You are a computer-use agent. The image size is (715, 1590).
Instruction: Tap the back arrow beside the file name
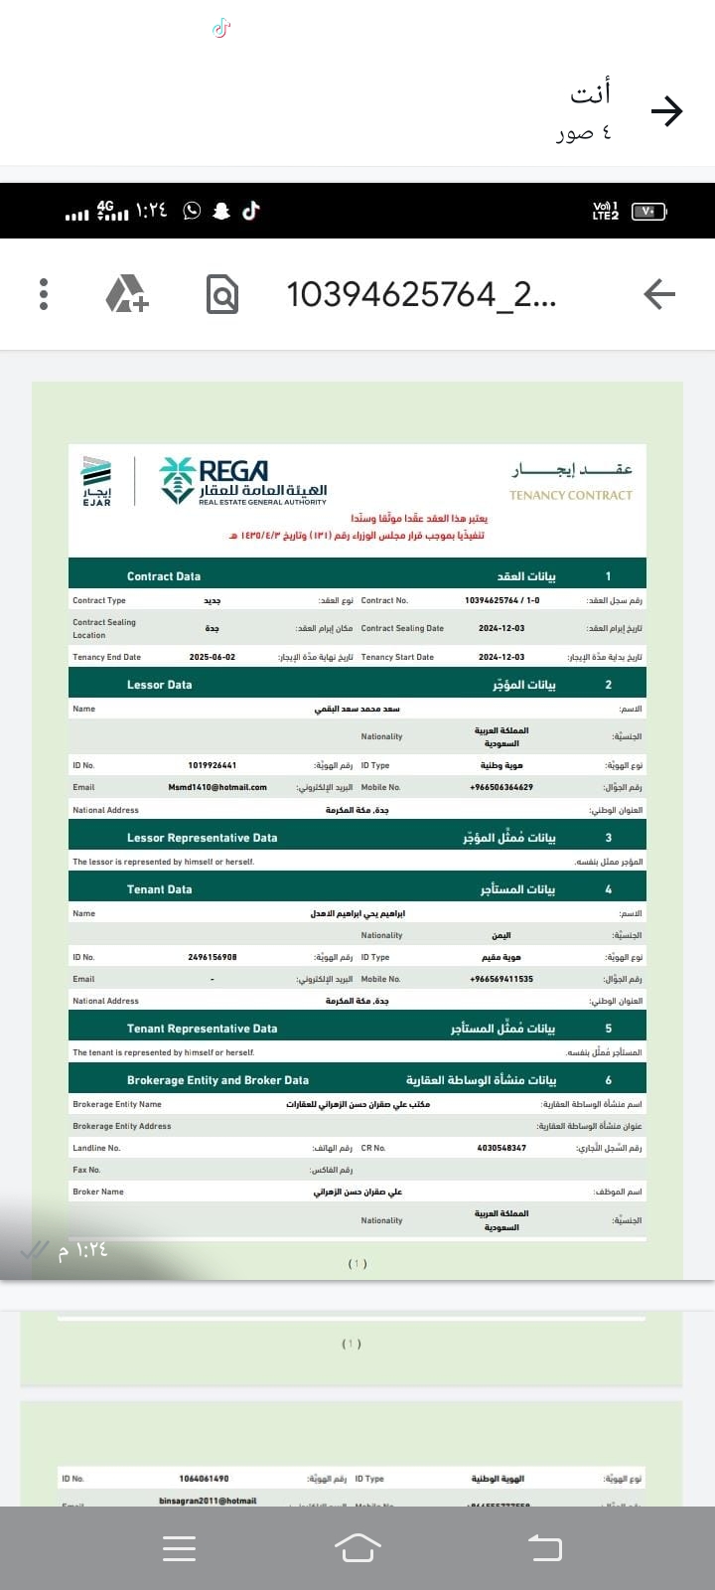tap(659, 294)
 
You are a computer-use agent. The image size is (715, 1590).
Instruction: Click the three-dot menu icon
tap(44, 294)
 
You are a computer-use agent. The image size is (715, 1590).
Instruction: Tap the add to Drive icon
tap(127, 294)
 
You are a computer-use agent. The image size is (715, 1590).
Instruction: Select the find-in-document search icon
tap(222, 294)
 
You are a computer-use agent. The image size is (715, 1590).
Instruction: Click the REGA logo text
tap(234, 471)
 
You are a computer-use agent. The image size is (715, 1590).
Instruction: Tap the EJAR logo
tap(96, 481)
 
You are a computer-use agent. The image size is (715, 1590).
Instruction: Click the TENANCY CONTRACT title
tap(571, 495)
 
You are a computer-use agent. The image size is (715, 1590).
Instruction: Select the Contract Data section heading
tap(164, 576)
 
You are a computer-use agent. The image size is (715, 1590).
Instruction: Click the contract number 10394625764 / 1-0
tap(502, 600)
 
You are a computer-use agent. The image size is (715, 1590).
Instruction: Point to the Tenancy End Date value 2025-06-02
tap(213, 657)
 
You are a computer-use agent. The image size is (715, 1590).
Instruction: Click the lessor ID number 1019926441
tap(213, 765)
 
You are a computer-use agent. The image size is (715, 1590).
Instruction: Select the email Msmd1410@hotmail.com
tap(217, 787)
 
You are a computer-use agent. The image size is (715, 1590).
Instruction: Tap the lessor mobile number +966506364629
tap(501, 787)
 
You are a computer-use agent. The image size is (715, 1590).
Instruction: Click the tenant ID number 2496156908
tap(213, 957)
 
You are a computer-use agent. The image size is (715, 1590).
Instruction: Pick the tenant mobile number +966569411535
tap(501, 979)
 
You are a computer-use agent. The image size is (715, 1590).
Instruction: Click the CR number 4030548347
tap(501, 1148)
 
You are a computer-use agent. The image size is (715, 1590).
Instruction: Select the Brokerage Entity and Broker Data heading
tap(217, 1080)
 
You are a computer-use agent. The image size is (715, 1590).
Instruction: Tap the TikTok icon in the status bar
tap(251, 210)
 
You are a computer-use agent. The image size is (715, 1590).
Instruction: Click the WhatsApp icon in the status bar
tap(192, 210)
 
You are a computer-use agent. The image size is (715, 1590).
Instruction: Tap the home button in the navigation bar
tap(357, 1547)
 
